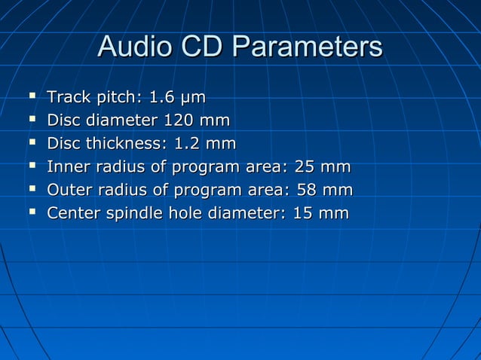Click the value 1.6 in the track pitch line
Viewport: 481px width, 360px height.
161,97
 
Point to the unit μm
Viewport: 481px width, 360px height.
191,98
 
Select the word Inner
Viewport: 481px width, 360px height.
68,167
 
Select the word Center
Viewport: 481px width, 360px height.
72,214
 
